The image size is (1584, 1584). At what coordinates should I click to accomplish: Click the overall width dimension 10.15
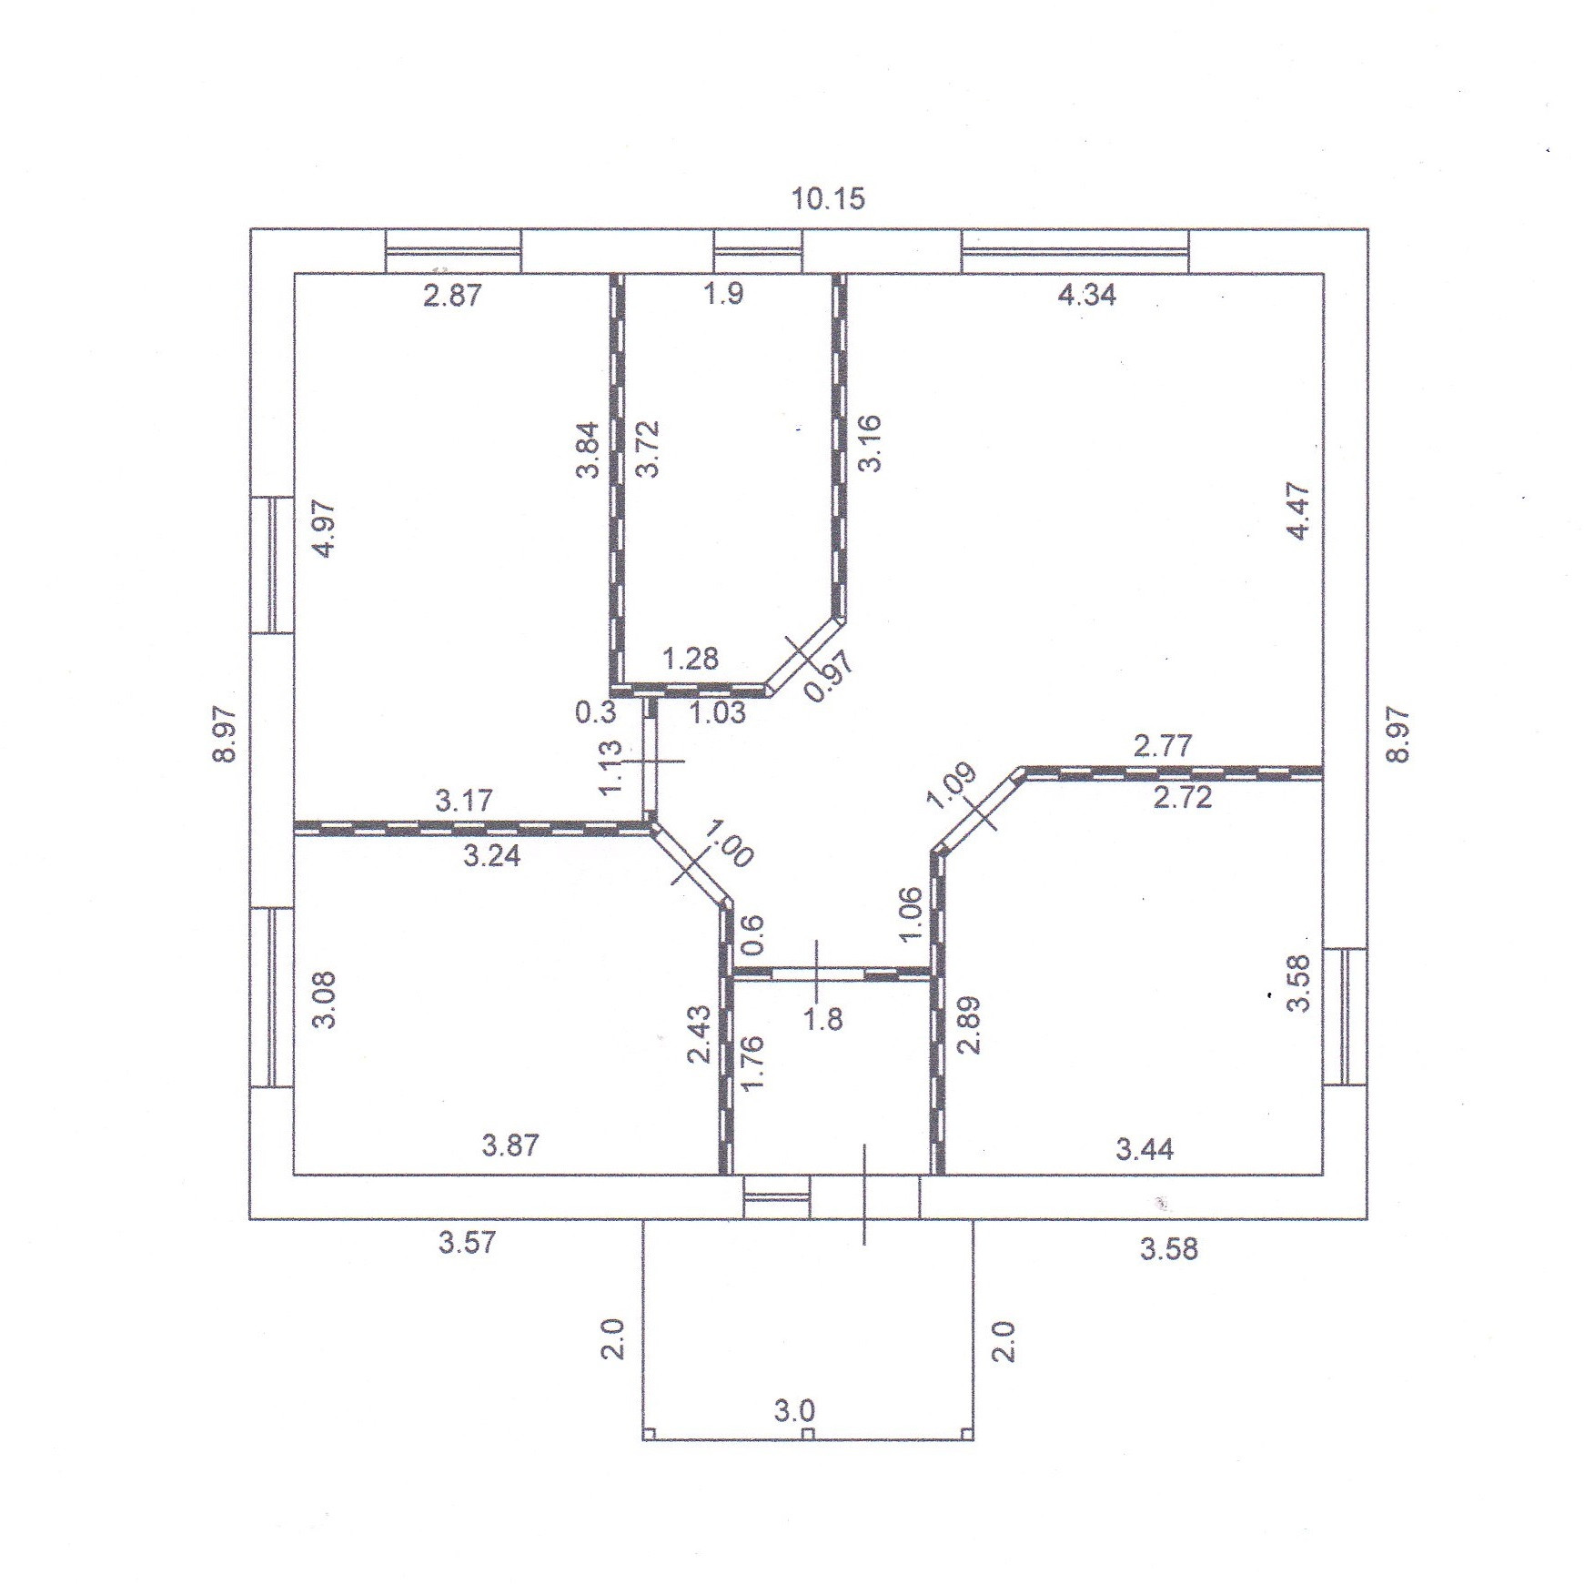pos(828,198)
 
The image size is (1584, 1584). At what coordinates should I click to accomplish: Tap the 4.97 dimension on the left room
pos(324,530)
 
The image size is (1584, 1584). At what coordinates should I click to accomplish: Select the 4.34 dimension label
pos(1087,295)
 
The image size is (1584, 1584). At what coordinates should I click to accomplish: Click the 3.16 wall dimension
pos(870,442)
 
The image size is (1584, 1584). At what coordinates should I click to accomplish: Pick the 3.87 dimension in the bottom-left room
pos(510,1145)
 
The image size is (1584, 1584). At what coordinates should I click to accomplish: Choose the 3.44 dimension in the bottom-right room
pos(1145,1149)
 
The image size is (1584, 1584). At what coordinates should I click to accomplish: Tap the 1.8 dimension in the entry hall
pos(824,1019)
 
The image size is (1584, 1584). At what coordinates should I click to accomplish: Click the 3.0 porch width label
pos(794,1412)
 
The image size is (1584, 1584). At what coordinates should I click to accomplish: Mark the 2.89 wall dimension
pos(970,1024)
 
